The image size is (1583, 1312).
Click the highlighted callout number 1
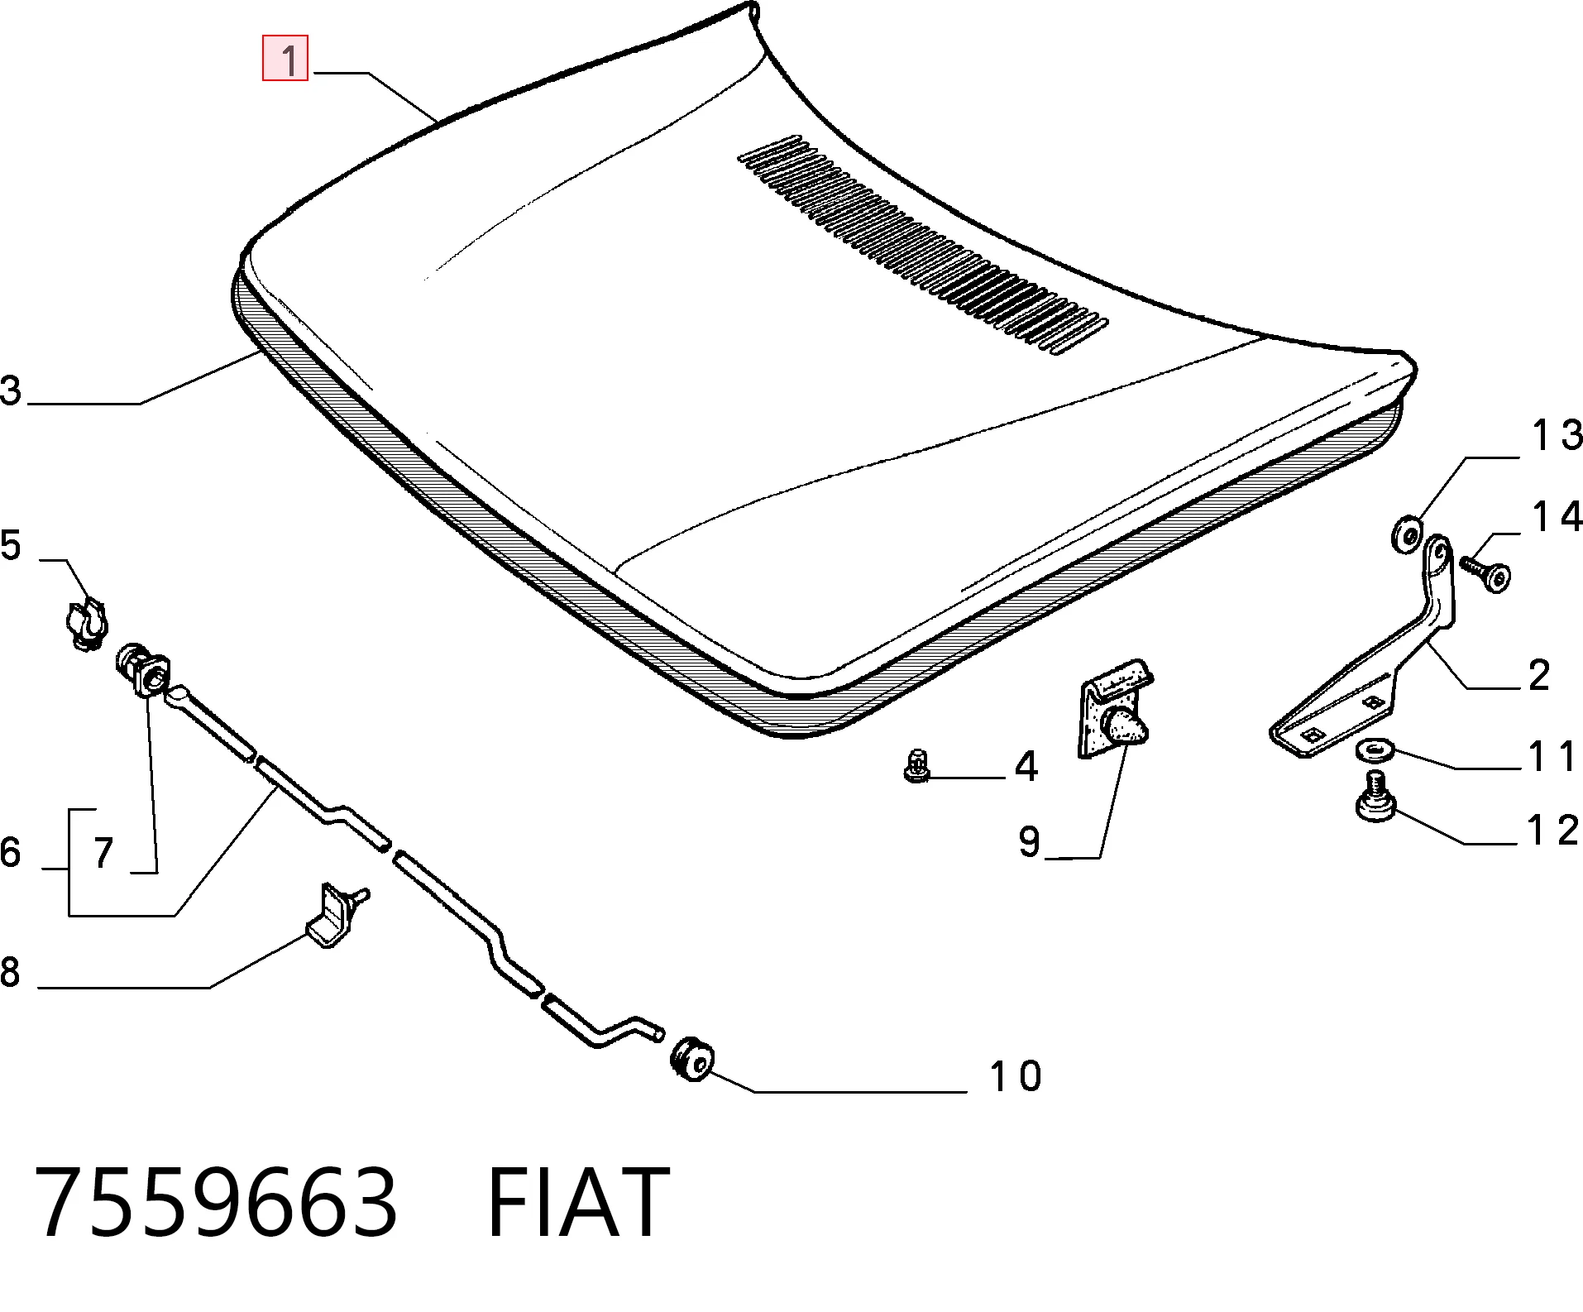click(285, 58)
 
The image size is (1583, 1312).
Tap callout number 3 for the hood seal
click(11, 390)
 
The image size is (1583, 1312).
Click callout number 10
click(1016, 1075)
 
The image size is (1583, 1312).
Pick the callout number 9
click(1029, 841)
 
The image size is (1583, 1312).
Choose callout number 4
click(1026, 767)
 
